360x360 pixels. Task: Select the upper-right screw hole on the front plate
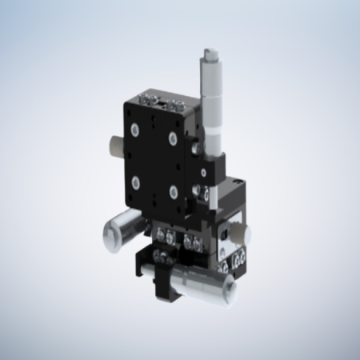point(172,138)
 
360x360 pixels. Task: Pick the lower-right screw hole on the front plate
point(172,191)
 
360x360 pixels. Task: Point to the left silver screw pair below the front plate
point(167,235)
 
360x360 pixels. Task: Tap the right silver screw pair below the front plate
point(191,240)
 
